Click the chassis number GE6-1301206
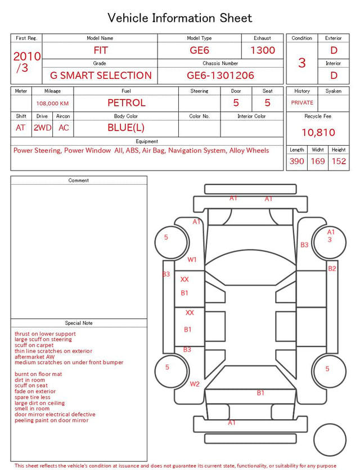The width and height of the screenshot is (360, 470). point(220,75)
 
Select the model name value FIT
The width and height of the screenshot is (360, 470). point(101,50)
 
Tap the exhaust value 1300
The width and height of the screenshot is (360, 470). point(263,50)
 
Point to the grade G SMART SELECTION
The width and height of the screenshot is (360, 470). point(101,75)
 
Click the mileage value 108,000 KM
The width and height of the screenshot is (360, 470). point(52,104)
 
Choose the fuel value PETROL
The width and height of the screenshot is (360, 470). point(127,103)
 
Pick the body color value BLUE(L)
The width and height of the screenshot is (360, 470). point(126,128)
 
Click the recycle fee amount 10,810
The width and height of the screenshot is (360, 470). point(318,132)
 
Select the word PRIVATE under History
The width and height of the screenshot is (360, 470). point(302,102)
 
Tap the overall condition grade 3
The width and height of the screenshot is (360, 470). point(302,62)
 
